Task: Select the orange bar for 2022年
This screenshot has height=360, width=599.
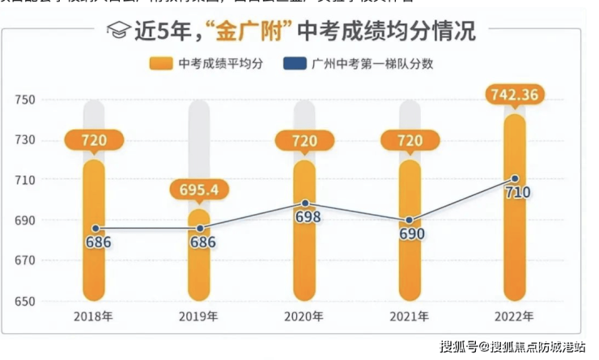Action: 516,243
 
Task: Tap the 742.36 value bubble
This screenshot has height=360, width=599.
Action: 516,95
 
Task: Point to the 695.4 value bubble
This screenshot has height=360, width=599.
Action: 199,190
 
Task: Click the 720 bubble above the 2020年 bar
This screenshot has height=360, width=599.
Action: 305,141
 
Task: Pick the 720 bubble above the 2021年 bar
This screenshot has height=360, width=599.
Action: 410,141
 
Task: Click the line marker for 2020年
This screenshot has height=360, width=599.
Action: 305,203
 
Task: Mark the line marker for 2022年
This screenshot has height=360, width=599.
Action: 516,178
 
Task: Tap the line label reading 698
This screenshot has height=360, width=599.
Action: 308,217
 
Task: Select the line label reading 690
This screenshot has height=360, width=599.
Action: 412,234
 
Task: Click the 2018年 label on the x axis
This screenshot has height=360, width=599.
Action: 94,316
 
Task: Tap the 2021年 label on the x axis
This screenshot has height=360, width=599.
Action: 410,316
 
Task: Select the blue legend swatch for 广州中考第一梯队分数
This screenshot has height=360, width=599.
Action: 295,63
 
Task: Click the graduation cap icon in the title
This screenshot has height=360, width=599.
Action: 118,32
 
